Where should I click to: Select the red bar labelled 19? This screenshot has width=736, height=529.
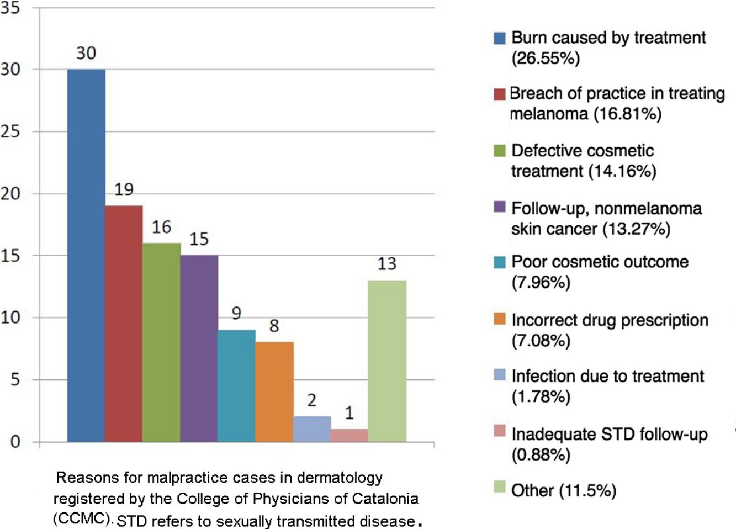[124, 323]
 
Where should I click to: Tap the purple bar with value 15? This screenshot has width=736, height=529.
[199, 348]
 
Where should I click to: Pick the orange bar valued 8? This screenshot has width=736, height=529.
[274, 392]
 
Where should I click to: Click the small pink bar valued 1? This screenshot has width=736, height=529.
[349, 435]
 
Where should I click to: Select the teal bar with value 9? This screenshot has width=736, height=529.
[236, 385]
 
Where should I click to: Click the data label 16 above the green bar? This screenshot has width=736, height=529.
[161, 227]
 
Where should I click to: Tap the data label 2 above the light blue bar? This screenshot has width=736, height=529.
[311, 400]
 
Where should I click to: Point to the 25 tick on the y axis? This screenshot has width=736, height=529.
[10, 131]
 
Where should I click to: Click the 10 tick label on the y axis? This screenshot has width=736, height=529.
[10, 318]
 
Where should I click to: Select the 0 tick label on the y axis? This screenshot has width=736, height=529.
[15, 442]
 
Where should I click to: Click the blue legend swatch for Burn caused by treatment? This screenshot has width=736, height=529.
[500, 38]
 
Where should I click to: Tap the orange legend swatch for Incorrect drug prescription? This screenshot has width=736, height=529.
[500, 319]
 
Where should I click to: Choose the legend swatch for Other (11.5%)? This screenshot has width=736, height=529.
[500, 487]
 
